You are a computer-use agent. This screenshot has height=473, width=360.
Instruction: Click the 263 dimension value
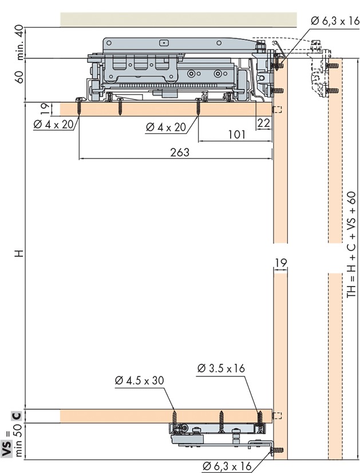click(180, 152)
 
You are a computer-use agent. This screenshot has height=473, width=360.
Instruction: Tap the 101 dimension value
click(236, 134)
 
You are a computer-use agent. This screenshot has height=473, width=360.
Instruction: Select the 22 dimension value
click(263, 123)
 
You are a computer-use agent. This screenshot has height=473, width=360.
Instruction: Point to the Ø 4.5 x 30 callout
click(140, 380)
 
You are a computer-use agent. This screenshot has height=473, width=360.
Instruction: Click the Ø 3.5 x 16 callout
click(221, 368)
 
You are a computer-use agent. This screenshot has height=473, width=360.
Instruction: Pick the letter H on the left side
click(19, 253)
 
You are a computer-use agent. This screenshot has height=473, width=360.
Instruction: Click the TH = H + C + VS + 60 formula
click(351, 245)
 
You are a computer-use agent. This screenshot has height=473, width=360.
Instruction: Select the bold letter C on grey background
click(17, 416)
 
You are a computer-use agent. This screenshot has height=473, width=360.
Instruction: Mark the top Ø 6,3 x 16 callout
click(335, 21)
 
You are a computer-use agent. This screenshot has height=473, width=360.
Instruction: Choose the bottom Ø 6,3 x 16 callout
click(227, 466)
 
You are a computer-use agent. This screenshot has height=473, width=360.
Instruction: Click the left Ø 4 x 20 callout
click(54, 124)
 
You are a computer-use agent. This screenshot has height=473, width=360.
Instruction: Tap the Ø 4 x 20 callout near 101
click(165, 127)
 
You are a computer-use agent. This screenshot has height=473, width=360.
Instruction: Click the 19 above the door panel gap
click(280, 263)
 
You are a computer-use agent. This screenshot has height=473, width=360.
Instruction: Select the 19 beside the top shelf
click(44, 109)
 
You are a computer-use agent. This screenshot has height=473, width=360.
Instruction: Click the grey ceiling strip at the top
click(179, 19)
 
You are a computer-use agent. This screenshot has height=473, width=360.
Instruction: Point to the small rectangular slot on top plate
click(164, 43)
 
